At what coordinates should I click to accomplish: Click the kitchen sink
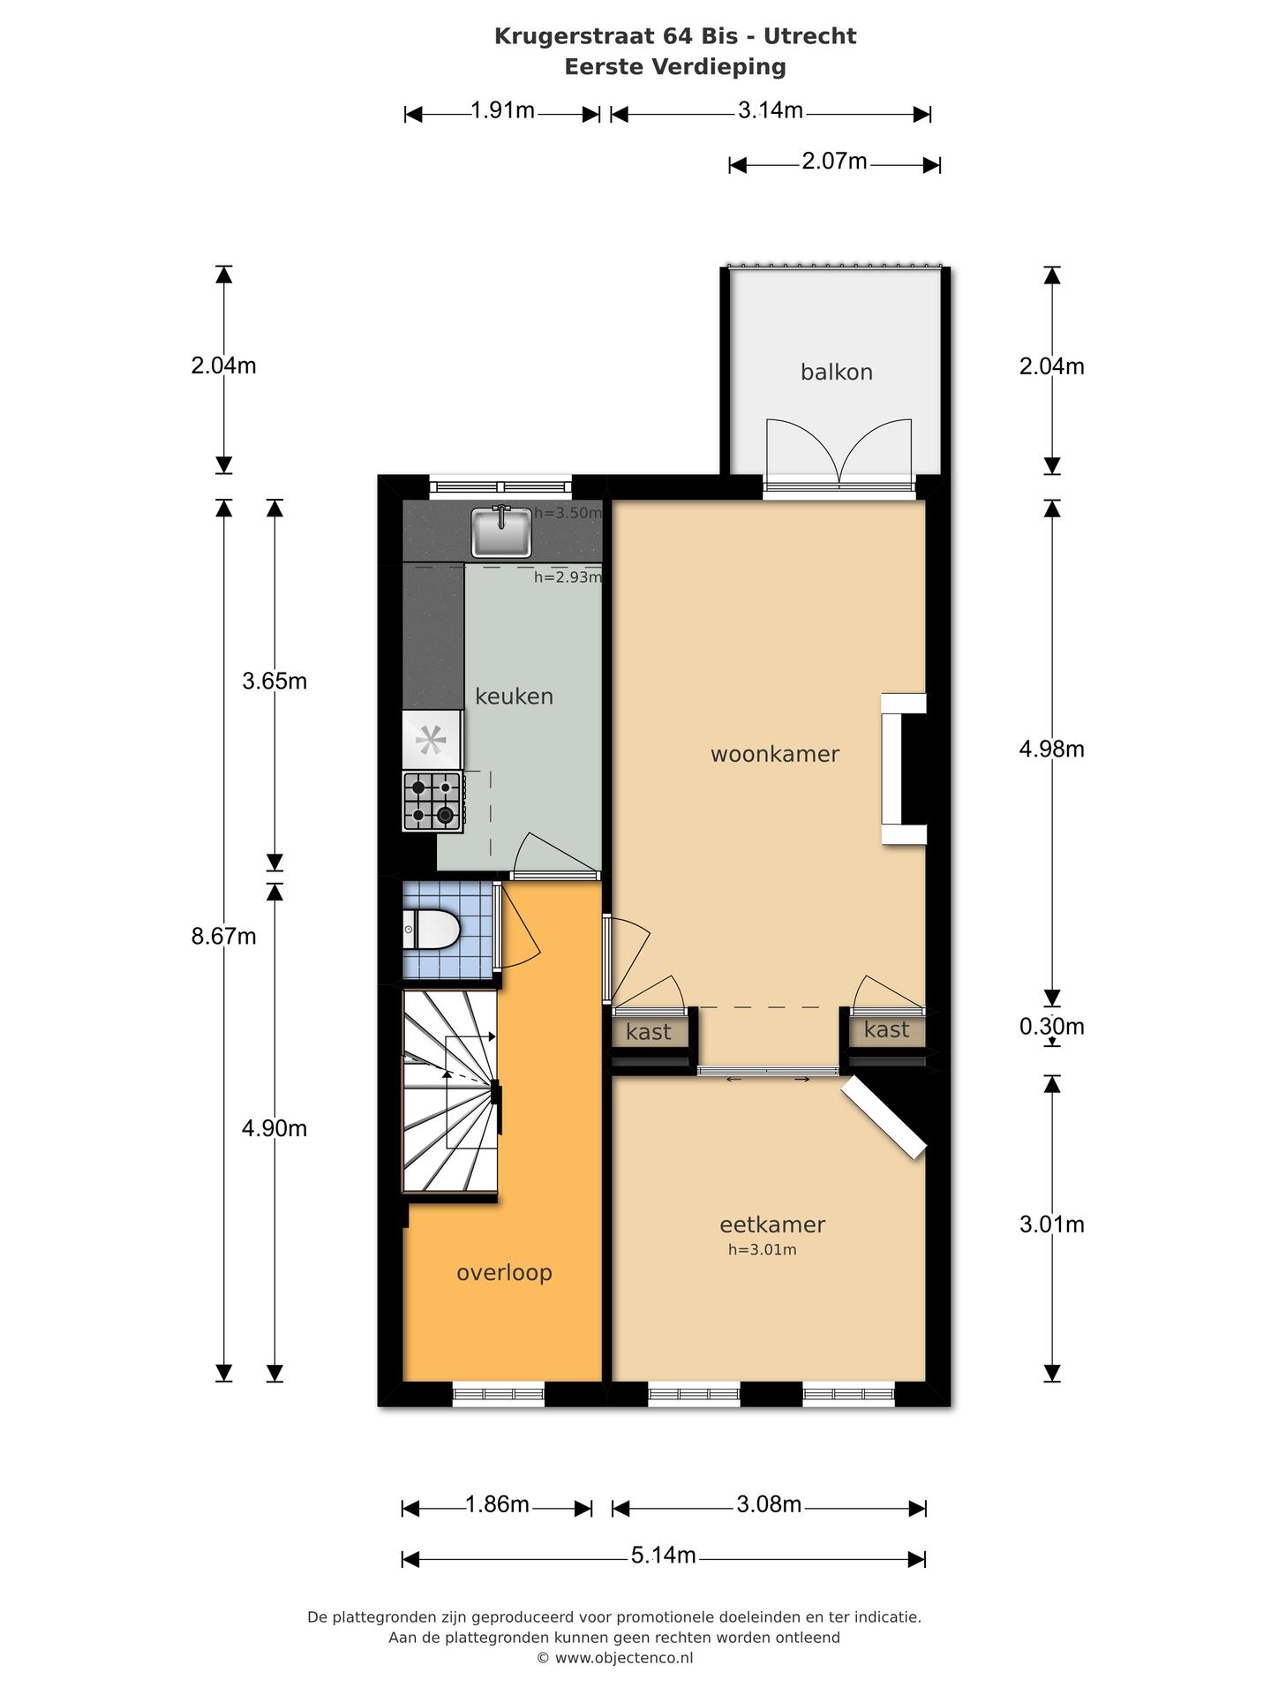pyautogui.click(x=501, y=532)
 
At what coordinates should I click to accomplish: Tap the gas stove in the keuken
pyautogui.click(x=432, y=801)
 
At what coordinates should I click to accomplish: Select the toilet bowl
pyautogui.click(x=432, y=930)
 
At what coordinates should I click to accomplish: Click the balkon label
pyautogui.click(x=836, y=373)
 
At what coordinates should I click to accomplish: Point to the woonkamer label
pyautogui.click(x=774, y=754)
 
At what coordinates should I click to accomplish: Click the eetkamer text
pyautogui.click(x=771, y=1224)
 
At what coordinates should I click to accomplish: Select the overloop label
pyautogui.click(x=504, y=1272)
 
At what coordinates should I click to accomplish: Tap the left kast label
pyautogui.click(x=648, y=1032)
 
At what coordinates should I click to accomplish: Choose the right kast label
pyautogui.click(x=886, y=1029)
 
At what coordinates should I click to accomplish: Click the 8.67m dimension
pyautogui.click(x=223, y=936)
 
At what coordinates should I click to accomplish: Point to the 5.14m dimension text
pyautogui.click(x=663, y=1555)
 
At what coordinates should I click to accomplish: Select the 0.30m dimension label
pyautogui.click(x=1050, y=1026)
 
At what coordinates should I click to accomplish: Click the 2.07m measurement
pyautogui.click(x=834, y=162)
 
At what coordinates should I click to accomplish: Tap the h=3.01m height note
pyautogui.click(x=762, y=1249)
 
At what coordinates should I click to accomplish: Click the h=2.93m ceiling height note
pyautogui.click(x=568, y=577)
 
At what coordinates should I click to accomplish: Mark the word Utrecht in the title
pyautogui.click(x=809, y=36)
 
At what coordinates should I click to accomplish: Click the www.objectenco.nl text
pyautogui.click(x=623, y=1658)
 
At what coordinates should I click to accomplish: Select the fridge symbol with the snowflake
pyautogui.click(x=432, y=740)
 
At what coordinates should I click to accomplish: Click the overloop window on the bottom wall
pyautogui.click(x=498, y=1394)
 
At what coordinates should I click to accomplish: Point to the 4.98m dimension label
pyautogui.click(x=1050, y=749)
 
